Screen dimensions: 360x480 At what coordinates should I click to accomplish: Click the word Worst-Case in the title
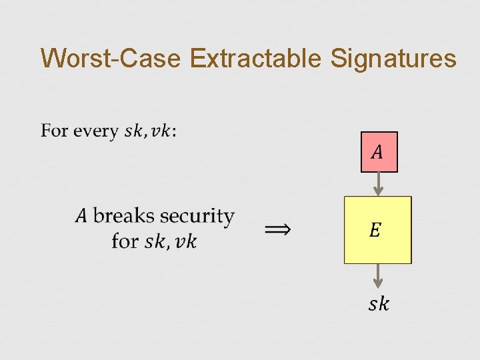(111, 59)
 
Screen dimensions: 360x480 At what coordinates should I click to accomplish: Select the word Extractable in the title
(257, 59)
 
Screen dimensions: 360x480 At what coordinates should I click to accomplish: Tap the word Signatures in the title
(393, 59)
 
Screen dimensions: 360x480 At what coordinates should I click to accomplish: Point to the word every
(97, 131)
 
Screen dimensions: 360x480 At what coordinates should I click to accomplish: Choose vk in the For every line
(161, 131)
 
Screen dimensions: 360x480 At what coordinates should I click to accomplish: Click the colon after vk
(175, 132)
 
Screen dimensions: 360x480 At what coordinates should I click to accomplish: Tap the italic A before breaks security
(81, 216)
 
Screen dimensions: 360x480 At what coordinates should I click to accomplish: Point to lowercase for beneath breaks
(125, 240)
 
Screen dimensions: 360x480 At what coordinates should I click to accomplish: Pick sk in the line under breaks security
(155, 240)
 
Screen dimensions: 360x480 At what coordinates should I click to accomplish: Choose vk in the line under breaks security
(185, 240)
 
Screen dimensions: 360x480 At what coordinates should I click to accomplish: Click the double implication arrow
(278, 229)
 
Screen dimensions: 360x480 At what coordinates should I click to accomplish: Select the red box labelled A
(379, 152)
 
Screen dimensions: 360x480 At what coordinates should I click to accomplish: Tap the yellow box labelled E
(377, 230)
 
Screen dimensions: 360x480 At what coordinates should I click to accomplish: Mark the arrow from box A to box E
(379, 184)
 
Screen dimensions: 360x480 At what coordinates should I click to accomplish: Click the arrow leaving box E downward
(379, 276)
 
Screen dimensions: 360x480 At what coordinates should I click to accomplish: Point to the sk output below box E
(379, 305)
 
